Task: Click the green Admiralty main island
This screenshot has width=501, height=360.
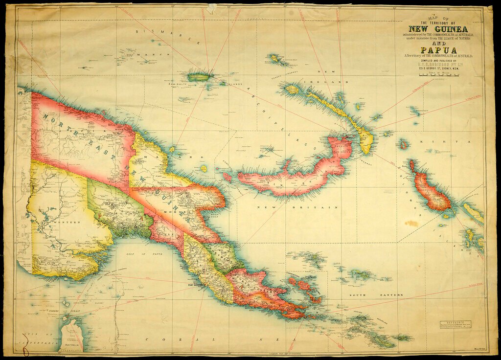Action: point(199,77)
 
